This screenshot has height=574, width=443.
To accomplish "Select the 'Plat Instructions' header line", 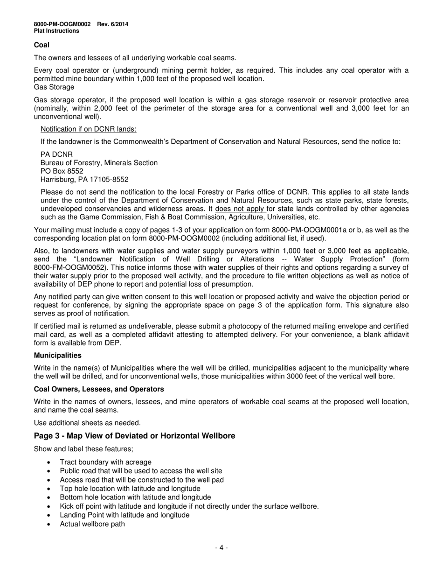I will click(56, 31).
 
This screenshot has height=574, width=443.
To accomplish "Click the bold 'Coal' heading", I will click(42, 45).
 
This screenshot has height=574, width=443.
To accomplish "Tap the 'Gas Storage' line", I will click(54, 87).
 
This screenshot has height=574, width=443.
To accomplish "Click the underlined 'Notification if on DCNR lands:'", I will click(89, 129).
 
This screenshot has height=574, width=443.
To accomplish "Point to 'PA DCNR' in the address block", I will click(56, 154).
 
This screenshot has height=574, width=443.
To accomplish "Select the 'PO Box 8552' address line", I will click(62, 171).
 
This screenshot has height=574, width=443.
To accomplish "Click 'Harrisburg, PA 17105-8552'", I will click(84, 180).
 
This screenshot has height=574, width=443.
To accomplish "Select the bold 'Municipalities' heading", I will click(57, 356).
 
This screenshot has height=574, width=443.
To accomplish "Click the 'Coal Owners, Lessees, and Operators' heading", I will click(99, 389).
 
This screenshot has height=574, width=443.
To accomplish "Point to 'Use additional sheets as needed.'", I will click(87, 423).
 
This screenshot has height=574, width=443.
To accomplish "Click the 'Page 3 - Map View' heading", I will click(134, 436).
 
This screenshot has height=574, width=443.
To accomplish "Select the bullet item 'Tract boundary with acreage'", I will click(105, 462).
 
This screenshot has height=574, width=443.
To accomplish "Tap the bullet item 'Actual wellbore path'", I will click(92, 524).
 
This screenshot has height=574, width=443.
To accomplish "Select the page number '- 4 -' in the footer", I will click(221, 547).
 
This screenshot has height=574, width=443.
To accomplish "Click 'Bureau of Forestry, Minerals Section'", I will click(99, 163).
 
